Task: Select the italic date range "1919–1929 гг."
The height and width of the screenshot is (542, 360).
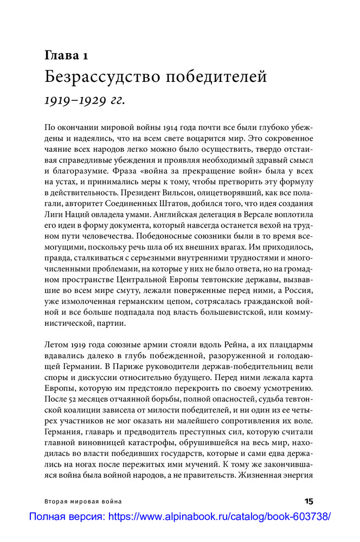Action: pos(85,100)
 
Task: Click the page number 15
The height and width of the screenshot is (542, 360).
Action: pos(308,501)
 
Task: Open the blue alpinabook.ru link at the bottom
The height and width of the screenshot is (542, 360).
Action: pos(179,517)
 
